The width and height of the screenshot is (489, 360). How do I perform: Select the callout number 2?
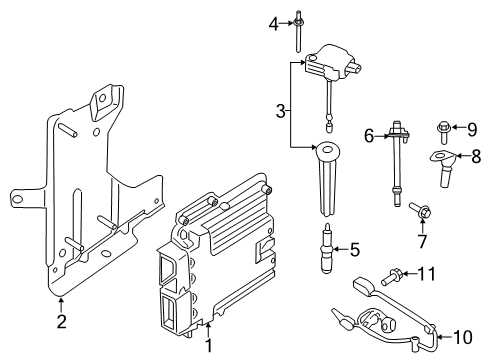click(x=62, y=321)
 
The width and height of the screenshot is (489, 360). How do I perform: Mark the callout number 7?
click(x=420, y=241)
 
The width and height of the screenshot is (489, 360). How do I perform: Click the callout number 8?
click(x=476, y=156)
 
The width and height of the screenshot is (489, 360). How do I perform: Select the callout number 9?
click(x=475, y=127)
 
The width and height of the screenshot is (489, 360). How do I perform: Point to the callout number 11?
click(x=427, y=272)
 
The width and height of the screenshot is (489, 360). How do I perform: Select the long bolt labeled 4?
click(x=297, y=30)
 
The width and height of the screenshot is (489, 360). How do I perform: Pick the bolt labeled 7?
click(x=417, y=211)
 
